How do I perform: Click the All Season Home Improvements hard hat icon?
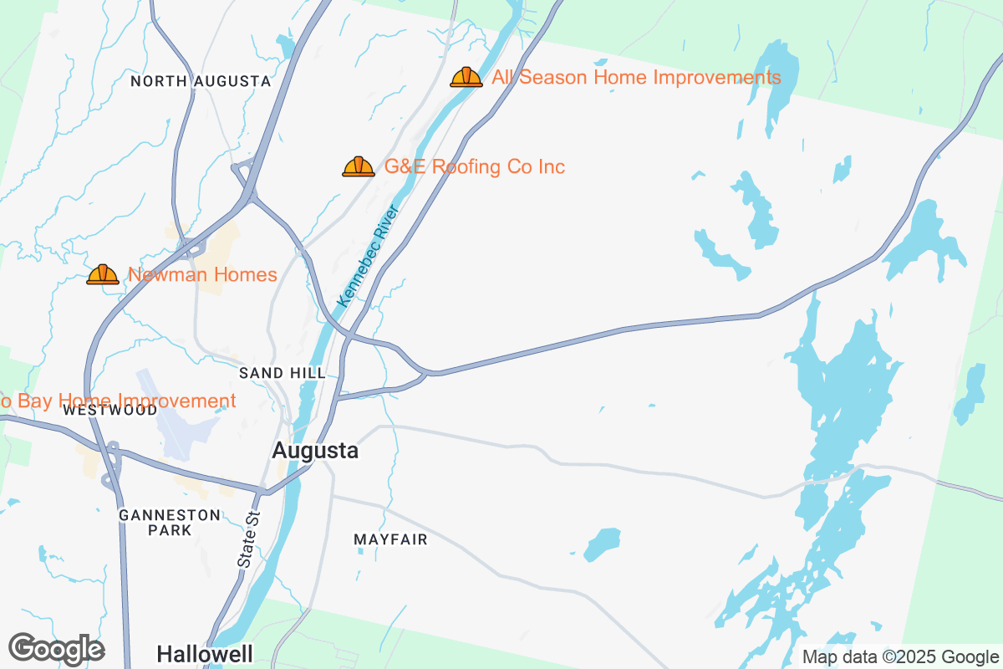466,78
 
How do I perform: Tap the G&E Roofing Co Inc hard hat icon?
359,167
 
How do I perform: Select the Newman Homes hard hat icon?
103,275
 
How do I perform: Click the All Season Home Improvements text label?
636,78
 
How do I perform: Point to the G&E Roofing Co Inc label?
474,167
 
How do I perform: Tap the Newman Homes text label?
202,275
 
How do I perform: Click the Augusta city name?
315,451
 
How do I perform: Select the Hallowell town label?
204,653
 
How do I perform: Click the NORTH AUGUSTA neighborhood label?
201,81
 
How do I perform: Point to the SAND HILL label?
282,372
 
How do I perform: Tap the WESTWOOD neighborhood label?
109,411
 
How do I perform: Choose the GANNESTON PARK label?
170,523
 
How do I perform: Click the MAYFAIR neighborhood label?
390,540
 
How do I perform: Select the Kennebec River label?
367,255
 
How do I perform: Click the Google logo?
56,649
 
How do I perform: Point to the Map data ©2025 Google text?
901,656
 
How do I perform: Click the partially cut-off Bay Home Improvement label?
117,401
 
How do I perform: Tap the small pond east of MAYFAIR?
602,544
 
